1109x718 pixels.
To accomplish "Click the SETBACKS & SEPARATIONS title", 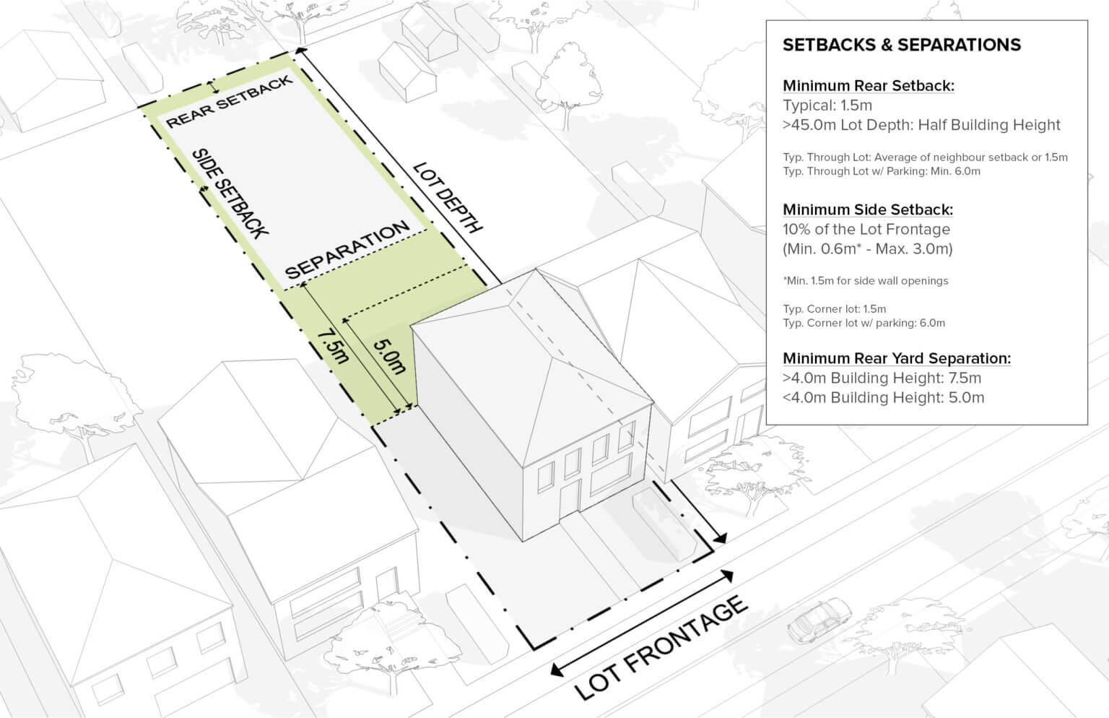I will [x=901, y=45].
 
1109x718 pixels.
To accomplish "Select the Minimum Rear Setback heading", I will [x=868, y=85].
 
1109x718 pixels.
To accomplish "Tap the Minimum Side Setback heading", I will [x=867, y=209].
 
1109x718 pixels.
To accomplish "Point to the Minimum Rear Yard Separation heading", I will [x=896, y=358].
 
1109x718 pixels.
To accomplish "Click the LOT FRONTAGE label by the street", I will [x=661, y=647].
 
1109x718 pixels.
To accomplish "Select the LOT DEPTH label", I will [x=447, y=198].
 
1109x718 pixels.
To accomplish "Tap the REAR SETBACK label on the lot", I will [x=230, y=102].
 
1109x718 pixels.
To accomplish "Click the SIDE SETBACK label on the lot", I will [x=230, y=193].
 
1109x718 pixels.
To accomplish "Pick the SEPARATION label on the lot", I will [x=347, y=251].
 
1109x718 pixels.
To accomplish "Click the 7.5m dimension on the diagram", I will [x=333, y=347].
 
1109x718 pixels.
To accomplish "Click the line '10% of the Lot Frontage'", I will [x=866, y=230].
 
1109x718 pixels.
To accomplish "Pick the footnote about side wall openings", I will [x=865, y=280].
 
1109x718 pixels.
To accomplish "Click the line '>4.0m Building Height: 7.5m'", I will [x=882, y=378].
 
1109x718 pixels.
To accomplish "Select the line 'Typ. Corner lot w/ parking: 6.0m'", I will [x=864, y=323].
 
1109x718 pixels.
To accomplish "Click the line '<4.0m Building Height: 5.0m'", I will [x=883, y=397].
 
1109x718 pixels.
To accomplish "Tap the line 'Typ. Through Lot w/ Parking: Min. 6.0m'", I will [x=881, y=171].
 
